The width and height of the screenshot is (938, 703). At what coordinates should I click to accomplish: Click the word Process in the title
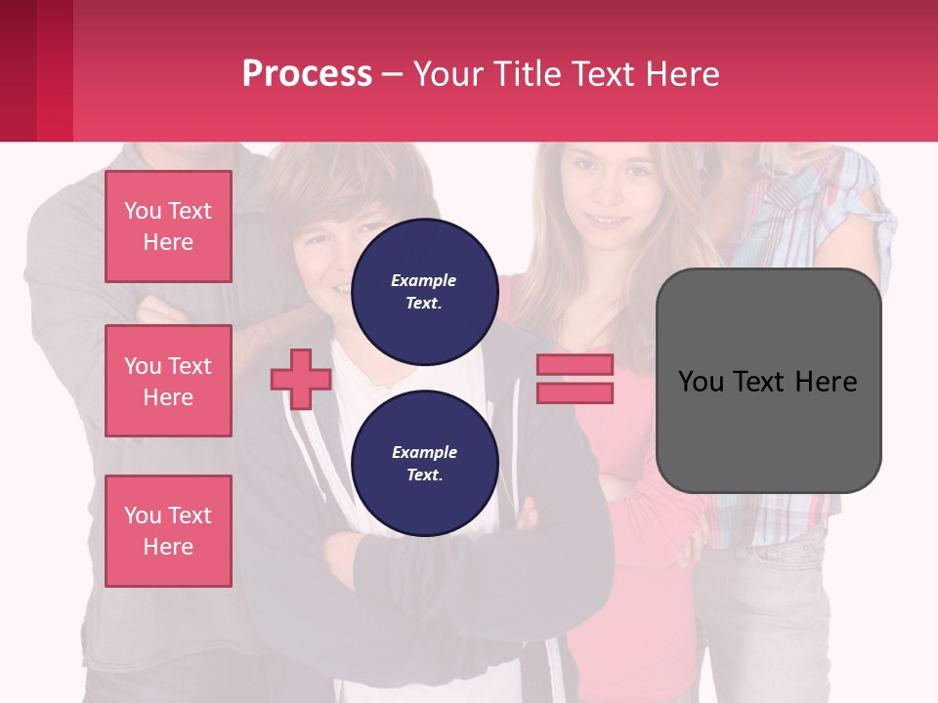[307, 74]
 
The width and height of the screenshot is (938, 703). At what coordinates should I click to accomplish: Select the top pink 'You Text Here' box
[168, 227]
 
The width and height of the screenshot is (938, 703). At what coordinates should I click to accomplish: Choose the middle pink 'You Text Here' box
[168, 381]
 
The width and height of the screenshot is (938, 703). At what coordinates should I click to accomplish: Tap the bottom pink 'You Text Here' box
[168, 531]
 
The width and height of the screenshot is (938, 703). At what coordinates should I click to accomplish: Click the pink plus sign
[301, 379]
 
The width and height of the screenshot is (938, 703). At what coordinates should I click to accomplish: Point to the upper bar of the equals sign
[575, 364]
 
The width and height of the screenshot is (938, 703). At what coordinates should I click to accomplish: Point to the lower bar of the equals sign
[575, 393]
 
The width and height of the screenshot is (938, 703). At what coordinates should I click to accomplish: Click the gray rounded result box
[768, 430]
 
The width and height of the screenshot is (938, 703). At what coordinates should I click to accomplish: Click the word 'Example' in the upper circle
[424, 280]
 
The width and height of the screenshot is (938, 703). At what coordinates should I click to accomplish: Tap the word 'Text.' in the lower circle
[424, 476]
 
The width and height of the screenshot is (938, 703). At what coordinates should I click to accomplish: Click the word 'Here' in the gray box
[826, 382]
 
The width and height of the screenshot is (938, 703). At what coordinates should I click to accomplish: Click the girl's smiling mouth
[608, 221]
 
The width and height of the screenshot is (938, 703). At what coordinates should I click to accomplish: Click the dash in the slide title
[392, 75]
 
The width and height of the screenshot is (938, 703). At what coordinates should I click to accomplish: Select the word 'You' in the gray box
[702, 382]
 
